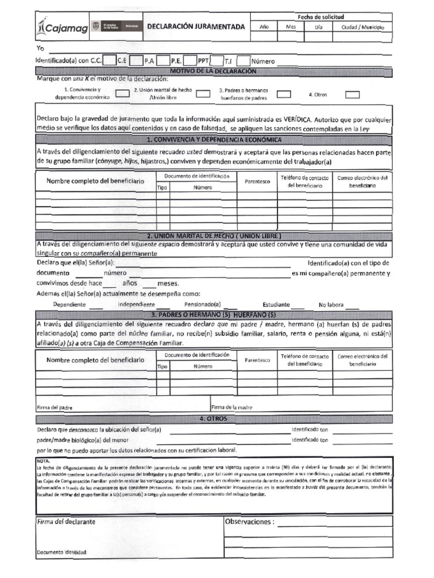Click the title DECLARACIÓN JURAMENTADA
pyautogui.click(x=196, y=27)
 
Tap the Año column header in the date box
pyautogui.click(x=264, y=27)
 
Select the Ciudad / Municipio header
pyautogui.click(x=362, y=27)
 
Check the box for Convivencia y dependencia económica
pyautogui.click(x=123, y=94)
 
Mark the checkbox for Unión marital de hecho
pyautogui.click(x=203, y=94)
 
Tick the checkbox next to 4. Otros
pyautogui.click(x=352, y=94)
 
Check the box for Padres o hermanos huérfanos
pyautogui.click(x=284, y=94)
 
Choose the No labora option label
pyautogui.click(x=331, y=304)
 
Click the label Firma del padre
pyautogui.click(x=54, y=407)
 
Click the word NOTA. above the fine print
pyautogui.click(x=43, y=461)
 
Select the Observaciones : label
pyautogui.click(x=249, y=522)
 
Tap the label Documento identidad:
pyautogui.click(x=62, y=552)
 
